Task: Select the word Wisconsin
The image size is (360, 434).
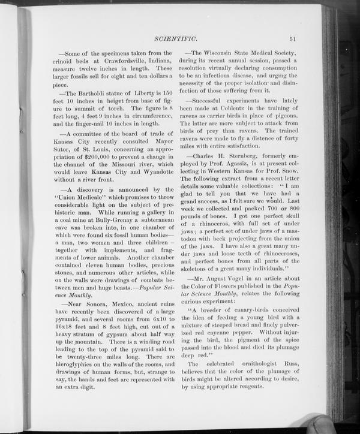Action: [x=226, y=53]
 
